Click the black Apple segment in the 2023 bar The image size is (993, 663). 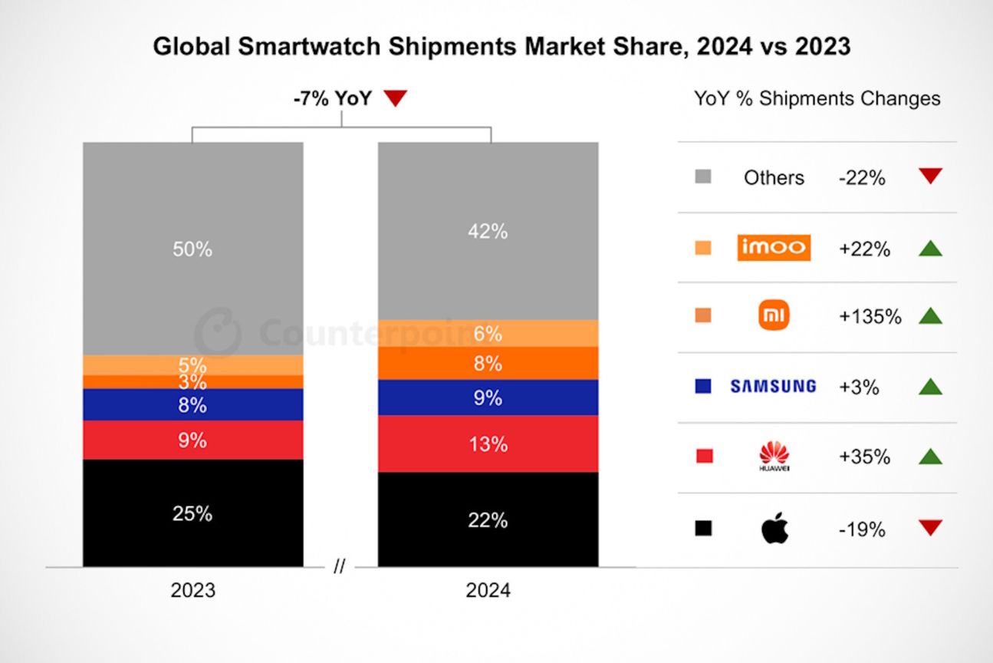(192, 513)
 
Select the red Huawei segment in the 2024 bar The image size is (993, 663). (488, 444)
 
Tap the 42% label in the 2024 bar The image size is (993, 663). (488, 231)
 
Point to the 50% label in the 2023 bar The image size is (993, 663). (192, 249)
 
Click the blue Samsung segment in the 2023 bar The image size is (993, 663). (192, 404)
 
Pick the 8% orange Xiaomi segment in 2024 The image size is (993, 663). (488, 363)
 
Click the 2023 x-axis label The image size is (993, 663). (192, 591)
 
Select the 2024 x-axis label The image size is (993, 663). (488, 591)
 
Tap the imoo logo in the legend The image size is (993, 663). (773, 248)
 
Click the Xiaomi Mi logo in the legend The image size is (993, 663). (773, 316)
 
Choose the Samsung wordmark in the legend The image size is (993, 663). (773, 387)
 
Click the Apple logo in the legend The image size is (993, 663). (774, 528)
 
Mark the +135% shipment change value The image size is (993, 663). (870, 316)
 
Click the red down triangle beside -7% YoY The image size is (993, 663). (396, 98)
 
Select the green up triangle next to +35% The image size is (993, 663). (930, 457)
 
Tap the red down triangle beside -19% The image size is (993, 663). (930, 528)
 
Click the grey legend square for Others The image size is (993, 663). (703, 177)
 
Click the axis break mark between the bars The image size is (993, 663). (340, 567)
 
